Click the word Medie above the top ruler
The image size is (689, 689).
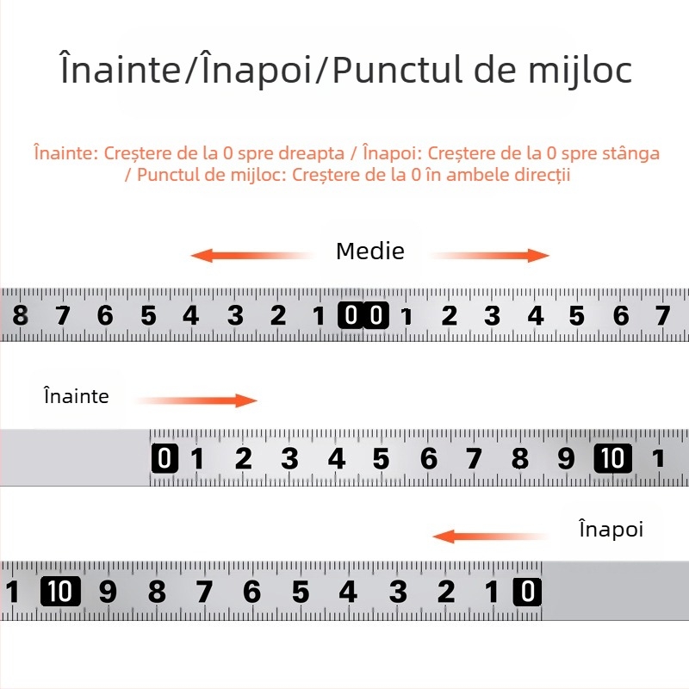[370, 251]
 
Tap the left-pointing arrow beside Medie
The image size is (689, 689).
[252, 255]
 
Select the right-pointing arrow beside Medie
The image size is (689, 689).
[489, 255]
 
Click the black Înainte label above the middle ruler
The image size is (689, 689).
[77, 395]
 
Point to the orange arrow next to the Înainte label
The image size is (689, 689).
[196, 400]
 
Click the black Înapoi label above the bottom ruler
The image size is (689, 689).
[611, 529]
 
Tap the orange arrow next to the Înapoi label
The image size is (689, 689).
[490, 537]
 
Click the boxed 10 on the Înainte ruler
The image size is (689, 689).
[612, 458]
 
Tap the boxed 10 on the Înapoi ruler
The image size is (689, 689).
[60, 591]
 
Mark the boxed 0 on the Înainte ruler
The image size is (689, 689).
[164, 458]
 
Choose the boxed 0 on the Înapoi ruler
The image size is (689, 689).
[527, 591]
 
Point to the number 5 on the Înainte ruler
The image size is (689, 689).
[381, 459]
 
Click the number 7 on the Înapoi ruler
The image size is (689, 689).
[204, 592]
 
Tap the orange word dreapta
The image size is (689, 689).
[312, 153]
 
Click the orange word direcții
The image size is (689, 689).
[543, 175]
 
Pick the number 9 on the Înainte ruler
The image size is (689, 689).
[566, 459]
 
